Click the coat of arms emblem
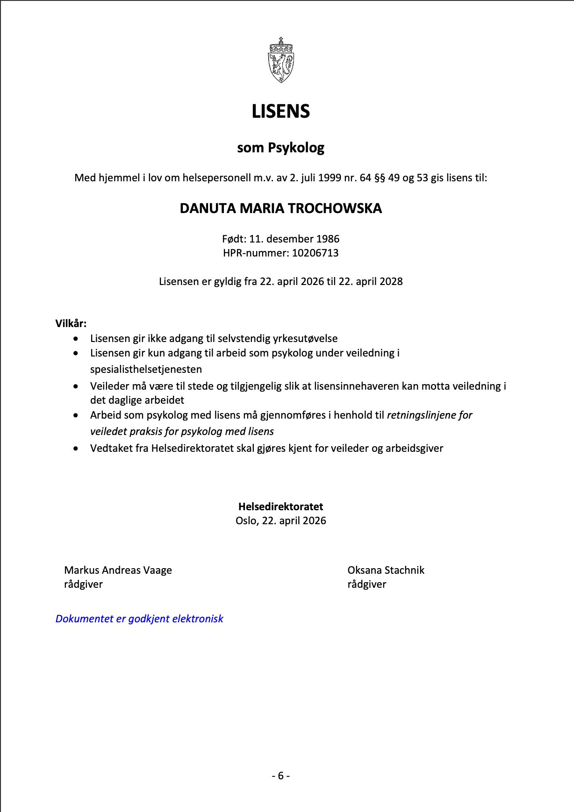(x=281, y=61)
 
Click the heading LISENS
(x=281, y=112)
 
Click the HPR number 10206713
(x=315, y=253)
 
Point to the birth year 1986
(x=328, y=239)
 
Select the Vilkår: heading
(x=71, y=323)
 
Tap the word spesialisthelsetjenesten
(x=146, y=370)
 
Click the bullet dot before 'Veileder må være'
(x=76, y=386)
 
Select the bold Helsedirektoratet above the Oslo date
(x=281, y=507)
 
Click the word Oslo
(x=246, y=521)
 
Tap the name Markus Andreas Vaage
(x=118, y=570)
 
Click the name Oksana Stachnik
(x=386, y=570)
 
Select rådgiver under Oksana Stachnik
(x=367, y=584)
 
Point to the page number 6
(x=281, y=776)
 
